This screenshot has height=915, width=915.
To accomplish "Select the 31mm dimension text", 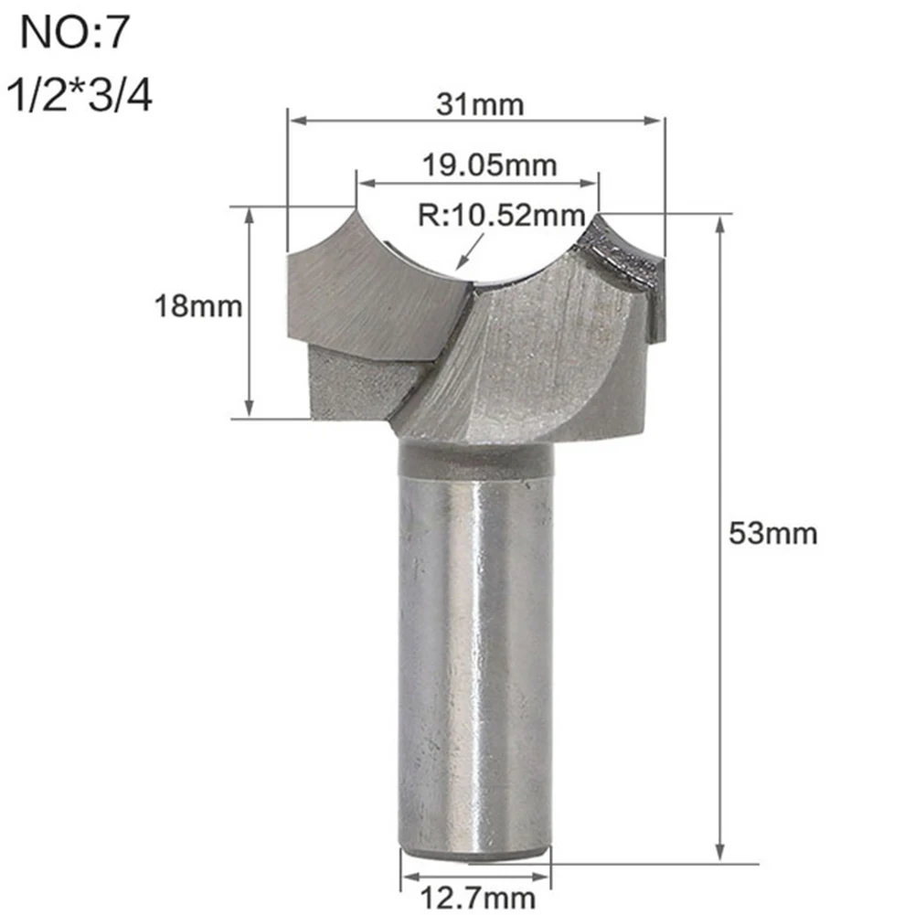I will [x=479, y=105].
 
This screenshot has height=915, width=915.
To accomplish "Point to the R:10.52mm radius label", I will [x=501, y=216].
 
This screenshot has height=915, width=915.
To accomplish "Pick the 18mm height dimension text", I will [x=197, y=306].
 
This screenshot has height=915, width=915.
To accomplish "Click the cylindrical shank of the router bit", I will [x=474, y=640].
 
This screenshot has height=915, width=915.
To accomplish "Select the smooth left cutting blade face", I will [x=366, y=293].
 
